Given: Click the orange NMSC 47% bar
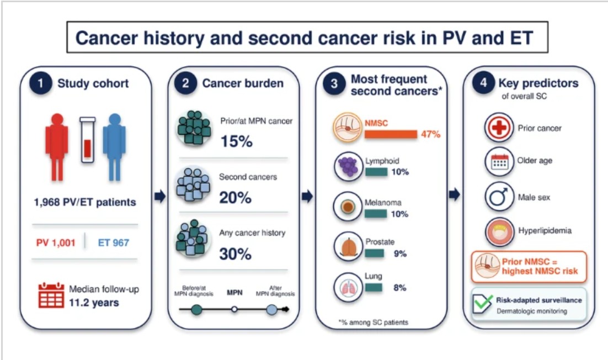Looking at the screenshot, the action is pos(391,134).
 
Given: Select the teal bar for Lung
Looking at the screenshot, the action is pos(374,288).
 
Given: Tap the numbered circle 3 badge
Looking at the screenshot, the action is pos(334,84).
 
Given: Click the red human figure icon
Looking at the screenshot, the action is pos(57,147).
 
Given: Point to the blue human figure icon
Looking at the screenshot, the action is pos(114,147).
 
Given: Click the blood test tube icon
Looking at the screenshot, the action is pos(87,140).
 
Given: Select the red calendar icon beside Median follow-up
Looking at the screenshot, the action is pos(51,295).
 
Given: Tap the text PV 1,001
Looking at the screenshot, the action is pos(56,243).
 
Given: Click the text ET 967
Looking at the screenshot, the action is pos(113,243).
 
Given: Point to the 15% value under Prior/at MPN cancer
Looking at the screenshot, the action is pos(237,141).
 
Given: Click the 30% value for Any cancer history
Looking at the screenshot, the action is pos(236,254).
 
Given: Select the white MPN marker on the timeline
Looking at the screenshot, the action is pos(234,309).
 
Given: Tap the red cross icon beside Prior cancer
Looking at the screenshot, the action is pos(499,127).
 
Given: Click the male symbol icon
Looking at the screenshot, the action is pos(499,197).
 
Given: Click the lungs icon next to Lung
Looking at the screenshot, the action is pos(348,288).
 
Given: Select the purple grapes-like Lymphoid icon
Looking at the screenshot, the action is pos(348,166).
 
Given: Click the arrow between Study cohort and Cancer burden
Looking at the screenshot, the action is pos(160,197).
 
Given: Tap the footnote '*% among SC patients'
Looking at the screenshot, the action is pos(373,322).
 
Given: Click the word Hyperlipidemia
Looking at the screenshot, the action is pos(545,231).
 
